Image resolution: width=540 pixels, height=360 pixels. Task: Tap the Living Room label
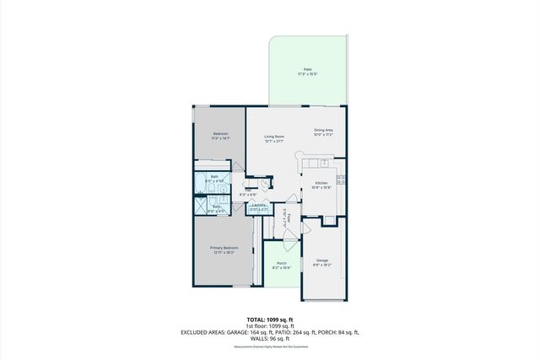[273, 137]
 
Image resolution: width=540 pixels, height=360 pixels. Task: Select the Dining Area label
[324, 130]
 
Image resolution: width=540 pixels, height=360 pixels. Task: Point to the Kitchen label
[321, 183]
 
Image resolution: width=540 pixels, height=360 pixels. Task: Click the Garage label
[322, 261]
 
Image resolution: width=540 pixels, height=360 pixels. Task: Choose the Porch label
[282, 262]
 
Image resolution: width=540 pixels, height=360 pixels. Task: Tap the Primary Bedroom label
[224, 248]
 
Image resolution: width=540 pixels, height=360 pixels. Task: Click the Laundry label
[260, 204]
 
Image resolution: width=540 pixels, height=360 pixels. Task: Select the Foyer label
[289, 218]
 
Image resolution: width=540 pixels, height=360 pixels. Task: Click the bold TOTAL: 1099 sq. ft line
[270, 320]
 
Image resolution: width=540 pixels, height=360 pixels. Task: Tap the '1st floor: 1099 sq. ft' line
[270, 326]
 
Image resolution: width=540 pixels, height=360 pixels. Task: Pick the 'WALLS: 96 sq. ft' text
[270, 339]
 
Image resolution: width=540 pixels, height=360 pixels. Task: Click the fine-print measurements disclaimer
[270, 347]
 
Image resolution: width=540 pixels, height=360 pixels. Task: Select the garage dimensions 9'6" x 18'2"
[322, 266]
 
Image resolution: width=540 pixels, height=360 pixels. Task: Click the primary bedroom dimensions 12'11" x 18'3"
[224, 253]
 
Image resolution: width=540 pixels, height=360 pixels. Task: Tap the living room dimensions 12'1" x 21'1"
[273, 142]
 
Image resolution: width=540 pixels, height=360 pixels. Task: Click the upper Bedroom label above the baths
[220, 133]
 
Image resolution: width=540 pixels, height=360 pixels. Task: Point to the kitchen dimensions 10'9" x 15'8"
[321, 188]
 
